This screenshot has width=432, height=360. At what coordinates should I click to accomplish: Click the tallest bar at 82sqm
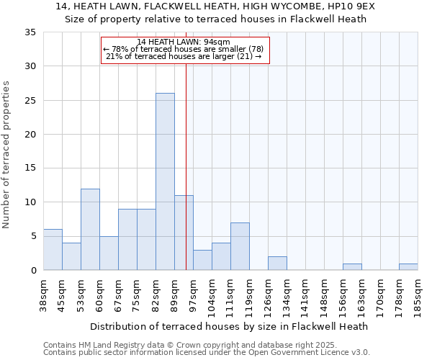coord(165,181)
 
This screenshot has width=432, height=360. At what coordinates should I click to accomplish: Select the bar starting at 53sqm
coord(90,229)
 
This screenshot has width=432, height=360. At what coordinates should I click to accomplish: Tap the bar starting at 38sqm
coord(53,249)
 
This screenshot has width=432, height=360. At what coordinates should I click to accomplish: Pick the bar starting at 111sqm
coord(240,246)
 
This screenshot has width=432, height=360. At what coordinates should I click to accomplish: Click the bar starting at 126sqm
coord(277,263)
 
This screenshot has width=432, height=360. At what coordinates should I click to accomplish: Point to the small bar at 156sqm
coord(352,266)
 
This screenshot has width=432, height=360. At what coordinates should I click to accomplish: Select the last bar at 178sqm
coord(408,266)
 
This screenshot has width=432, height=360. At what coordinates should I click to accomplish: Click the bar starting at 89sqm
coord(184,233)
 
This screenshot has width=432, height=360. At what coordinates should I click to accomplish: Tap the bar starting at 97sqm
coord(202,260)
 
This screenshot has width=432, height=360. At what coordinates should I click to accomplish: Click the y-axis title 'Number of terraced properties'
coord(7,155)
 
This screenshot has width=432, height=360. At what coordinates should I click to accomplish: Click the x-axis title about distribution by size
coord(230,326)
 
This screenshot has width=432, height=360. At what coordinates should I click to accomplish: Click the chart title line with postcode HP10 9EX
coord(215,6)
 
